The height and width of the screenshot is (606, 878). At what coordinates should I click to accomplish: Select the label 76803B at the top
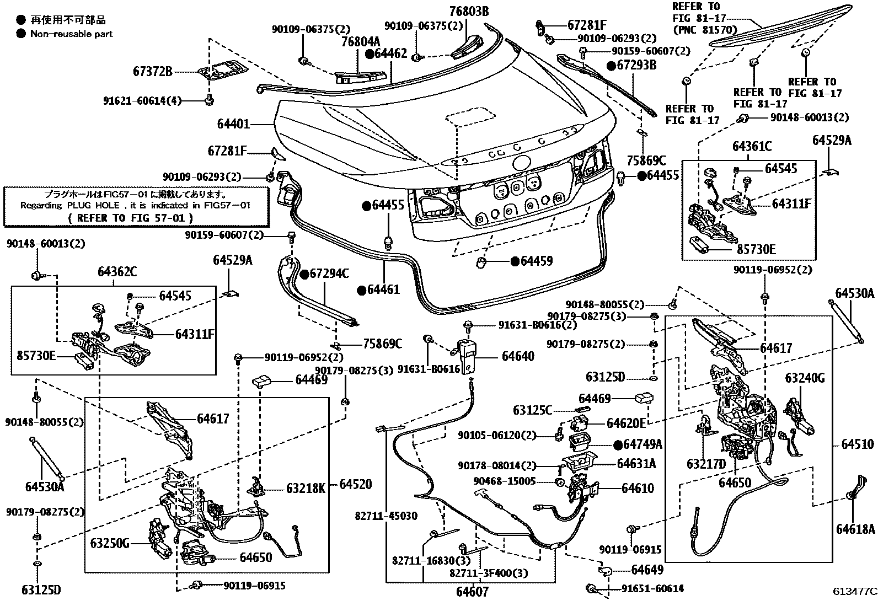click(469, 11)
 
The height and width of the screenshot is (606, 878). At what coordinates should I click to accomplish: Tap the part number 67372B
click(153, 71)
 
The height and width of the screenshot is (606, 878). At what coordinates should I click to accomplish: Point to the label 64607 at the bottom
click(473, 592)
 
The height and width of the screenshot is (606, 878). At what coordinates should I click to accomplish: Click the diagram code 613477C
click(854, 592)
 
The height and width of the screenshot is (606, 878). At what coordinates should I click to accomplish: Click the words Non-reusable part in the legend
click(72, 34)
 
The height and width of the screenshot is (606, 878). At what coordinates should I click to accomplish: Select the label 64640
click(518, 356)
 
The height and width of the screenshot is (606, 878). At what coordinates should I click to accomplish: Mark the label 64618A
click(855, 529)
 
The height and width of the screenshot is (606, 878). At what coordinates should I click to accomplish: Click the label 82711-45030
click(386, 516)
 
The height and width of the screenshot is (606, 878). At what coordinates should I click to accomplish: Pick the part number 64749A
click(643, 444)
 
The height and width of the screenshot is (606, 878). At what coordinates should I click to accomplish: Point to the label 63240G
click(805, 378)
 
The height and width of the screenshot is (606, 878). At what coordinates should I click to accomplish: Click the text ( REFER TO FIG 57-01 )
click(131, 218)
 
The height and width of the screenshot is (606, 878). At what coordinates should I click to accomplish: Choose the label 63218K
click(306, 488)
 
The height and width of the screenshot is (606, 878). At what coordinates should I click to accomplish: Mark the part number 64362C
click(117, 271)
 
